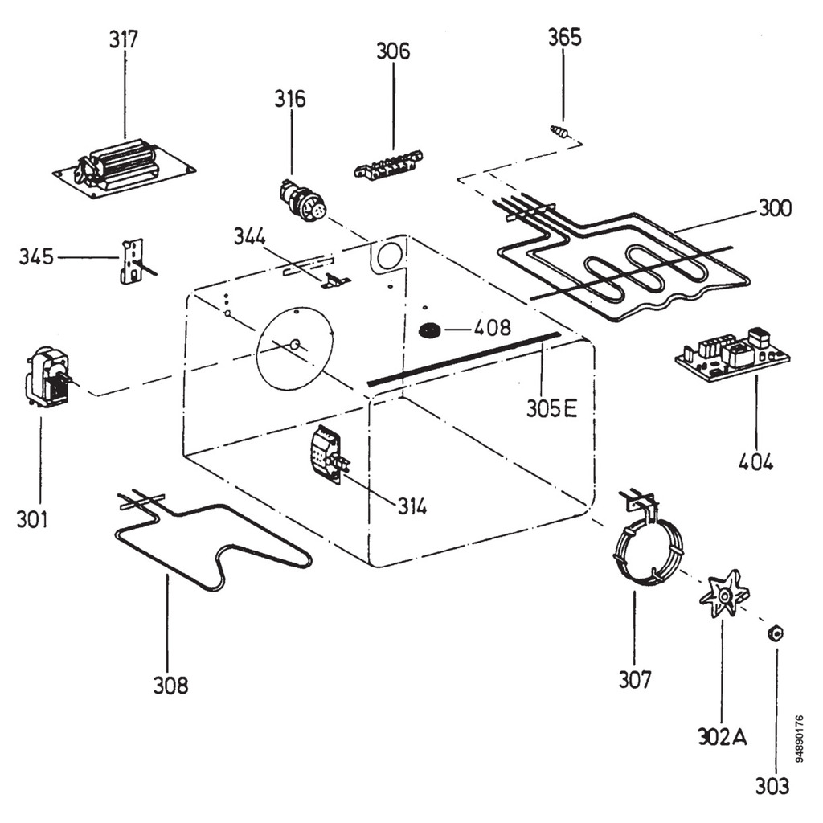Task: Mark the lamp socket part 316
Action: click(301, 200)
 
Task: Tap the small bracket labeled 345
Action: click(132, 260)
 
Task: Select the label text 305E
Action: click(552, 408)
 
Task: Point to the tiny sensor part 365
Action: click(560, 132)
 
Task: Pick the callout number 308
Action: click(171, 686)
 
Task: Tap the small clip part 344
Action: click(335, 280)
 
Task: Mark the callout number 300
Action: click(775, 209)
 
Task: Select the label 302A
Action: click(722, 737)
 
